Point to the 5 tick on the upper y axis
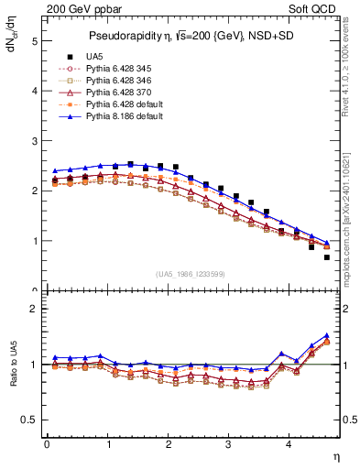pyautogui.click(x=34, y=41)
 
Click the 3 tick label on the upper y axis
pyautogui.click(x=34, y=141)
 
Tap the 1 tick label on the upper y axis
pyautogui.click(x=34, y=241)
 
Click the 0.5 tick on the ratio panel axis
pyautogui.click(x=30, y=420)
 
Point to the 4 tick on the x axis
pyautogui.click(x=289, y=444)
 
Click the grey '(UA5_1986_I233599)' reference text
pyautogui.click(x=191, y=274)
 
